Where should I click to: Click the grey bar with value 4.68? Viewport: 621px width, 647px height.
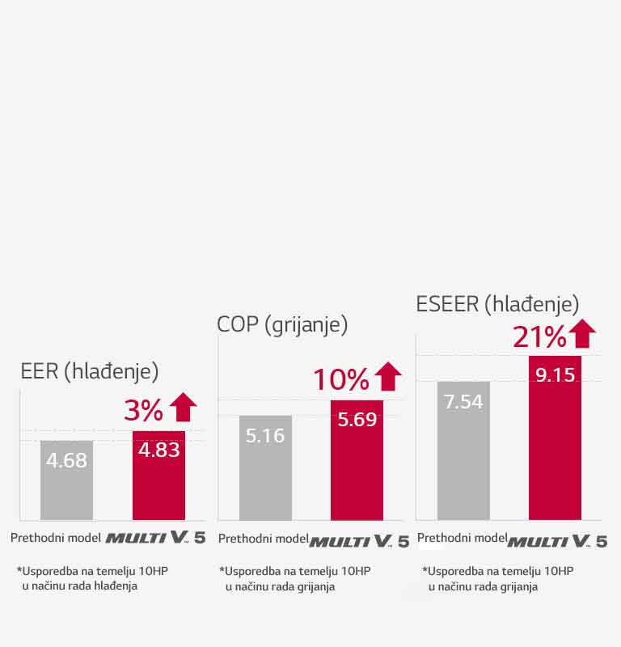coord(66,480)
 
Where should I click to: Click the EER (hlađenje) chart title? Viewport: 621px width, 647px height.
coord(89,371)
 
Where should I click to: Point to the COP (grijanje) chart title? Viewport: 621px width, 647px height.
coord(282,325)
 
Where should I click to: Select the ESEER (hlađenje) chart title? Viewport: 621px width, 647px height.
coord(497,305)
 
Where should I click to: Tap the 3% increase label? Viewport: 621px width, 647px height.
coord(144,411)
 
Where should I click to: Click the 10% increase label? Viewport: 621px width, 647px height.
coord(340,378)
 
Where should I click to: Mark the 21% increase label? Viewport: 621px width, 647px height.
coord(539,336)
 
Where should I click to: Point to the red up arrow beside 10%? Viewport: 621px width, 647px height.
coord(388,376)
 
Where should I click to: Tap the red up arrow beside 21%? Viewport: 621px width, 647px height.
coord(582,332)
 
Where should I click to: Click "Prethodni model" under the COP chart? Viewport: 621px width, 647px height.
coord(263,539)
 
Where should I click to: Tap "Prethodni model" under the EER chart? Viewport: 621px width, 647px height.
coord(55,538)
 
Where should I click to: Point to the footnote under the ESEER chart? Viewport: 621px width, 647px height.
coord(496,578)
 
